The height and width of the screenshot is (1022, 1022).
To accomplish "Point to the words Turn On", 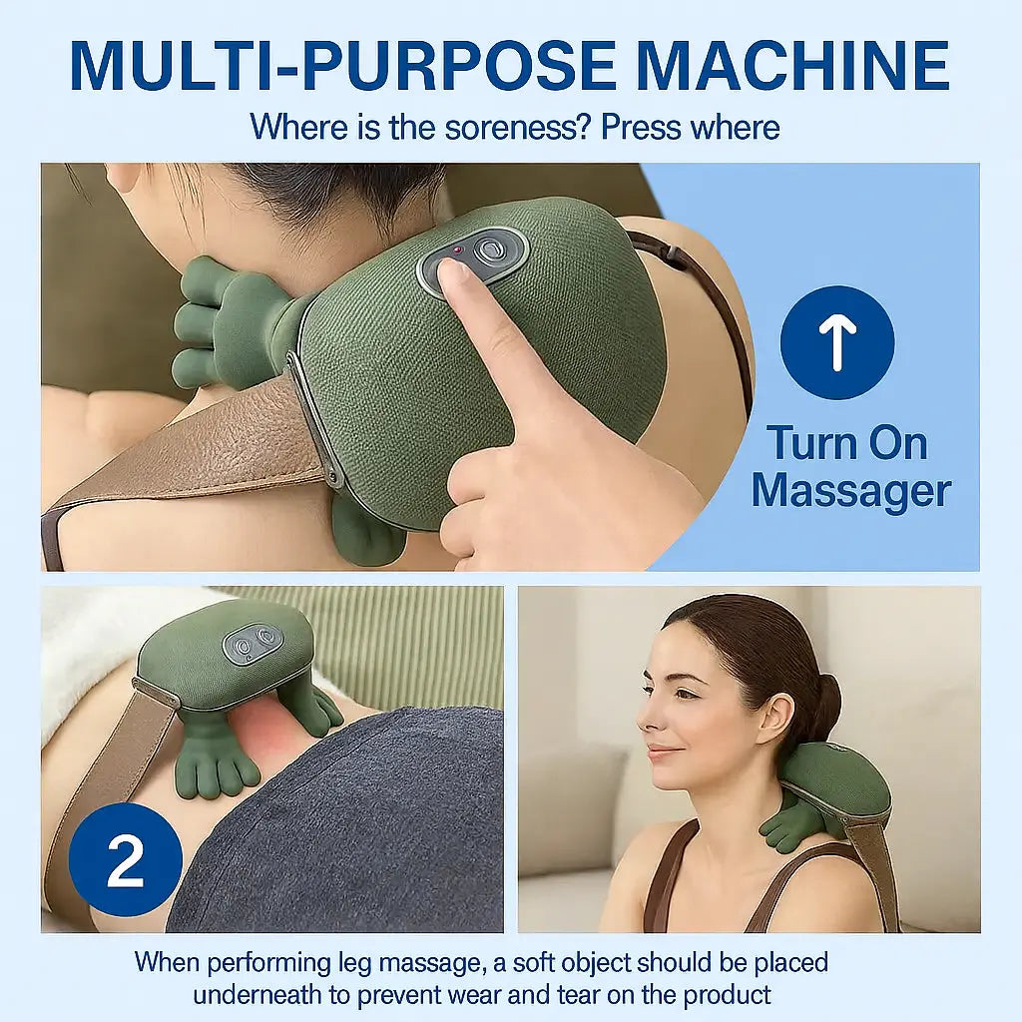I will tap(846, 443).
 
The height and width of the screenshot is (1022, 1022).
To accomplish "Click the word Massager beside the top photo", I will tap(850, 491).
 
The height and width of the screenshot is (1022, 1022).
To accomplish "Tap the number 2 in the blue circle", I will tap(126, 860).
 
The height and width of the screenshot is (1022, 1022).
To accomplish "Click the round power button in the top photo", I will tap(490, 249).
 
